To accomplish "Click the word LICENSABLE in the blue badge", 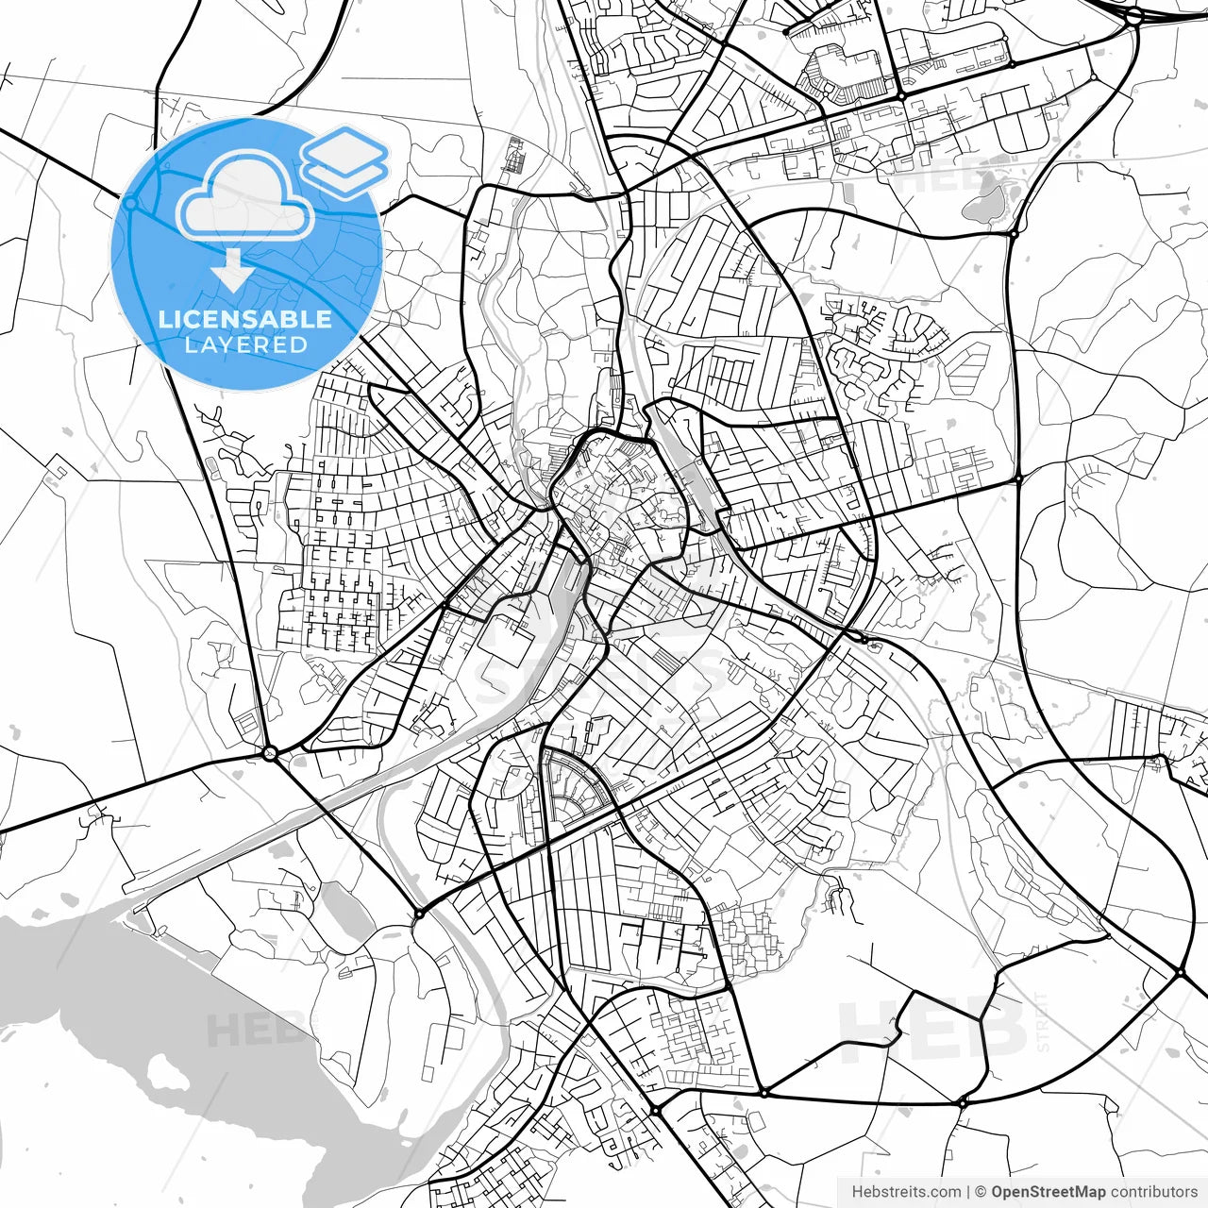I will [245, 319].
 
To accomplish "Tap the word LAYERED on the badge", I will [245, 344].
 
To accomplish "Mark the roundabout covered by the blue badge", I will [130, 203].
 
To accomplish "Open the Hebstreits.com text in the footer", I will [906, 1192].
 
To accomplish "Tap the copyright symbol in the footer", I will [981, 1192].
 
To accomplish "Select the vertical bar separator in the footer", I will [969, 1192].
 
